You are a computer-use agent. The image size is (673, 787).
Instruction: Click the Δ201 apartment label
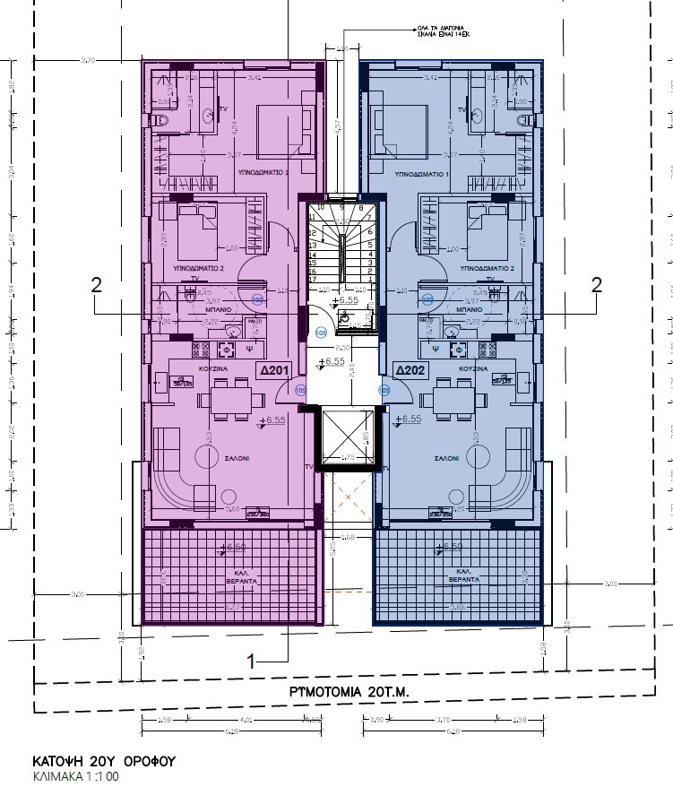pyautogui.click(x=273, y=368)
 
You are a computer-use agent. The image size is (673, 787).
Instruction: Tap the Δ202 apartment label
pyautogui.click(x=410, y=368)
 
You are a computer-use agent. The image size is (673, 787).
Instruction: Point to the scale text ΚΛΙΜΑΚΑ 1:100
pyautogui.click(x=75, y=775)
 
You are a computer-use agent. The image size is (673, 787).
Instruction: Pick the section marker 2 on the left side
pyautogui.click(x=97, y=285)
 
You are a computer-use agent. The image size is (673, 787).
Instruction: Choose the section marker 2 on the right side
pyautogui.click(x=595, y=285)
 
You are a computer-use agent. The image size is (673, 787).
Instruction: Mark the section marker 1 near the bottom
pyautogui.click(x=252, y=661)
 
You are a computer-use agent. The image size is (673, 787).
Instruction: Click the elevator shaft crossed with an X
pyautogui.click(x=345, y=439)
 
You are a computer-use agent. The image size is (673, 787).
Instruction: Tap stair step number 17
pyautogui.click(x=314, y=276)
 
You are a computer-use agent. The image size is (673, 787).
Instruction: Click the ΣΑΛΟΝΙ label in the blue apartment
pyautogui.click(x=447, y=456)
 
